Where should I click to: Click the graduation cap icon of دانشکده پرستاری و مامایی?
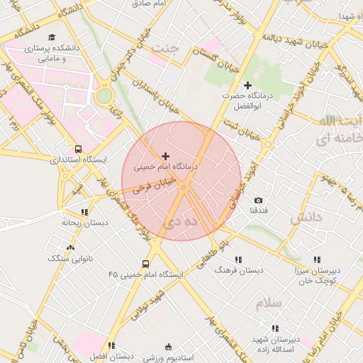point(50,37)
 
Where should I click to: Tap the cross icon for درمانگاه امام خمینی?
point(166,156)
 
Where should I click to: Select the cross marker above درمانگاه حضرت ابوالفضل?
point(247,85)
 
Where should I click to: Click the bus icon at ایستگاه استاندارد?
point(77,149)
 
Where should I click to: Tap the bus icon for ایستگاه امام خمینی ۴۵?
point(146,264)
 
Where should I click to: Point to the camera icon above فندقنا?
point(257,201)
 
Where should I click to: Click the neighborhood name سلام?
point(270,303)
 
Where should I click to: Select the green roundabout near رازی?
point(104,96)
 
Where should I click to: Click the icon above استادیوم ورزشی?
point(168,347)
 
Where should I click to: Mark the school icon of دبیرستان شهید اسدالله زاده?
point(275,328)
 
